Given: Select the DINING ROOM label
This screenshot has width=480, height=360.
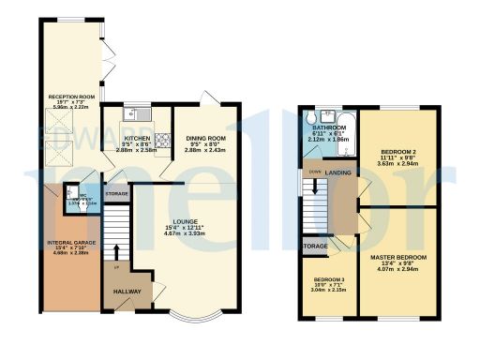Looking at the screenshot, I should pos(203,136).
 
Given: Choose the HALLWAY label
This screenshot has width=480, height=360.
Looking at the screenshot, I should pos(125,292).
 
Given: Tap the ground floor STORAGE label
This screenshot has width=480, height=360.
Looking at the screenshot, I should pos(117,194).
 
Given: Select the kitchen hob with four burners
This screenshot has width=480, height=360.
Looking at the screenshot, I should pos(161,142).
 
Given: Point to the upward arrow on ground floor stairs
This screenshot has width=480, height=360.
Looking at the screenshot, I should pos(115,251).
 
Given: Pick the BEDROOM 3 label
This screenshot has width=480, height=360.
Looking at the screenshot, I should pos(329,280).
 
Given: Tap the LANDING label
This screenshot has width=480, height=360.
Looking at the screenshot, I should pos(337,172).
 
